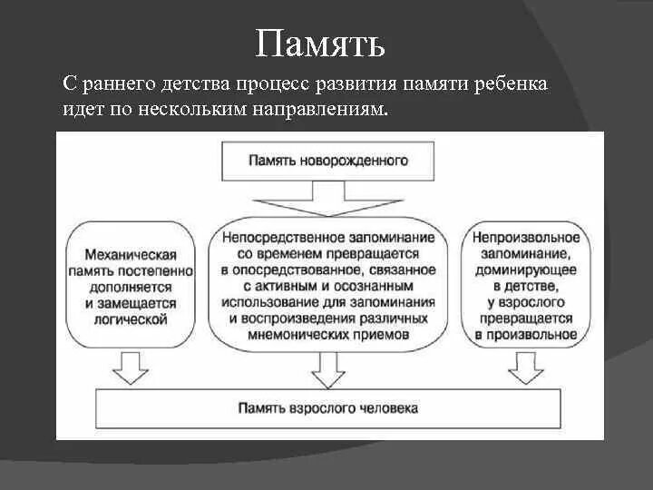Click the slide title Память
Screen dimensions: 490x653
click(321, 43)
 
